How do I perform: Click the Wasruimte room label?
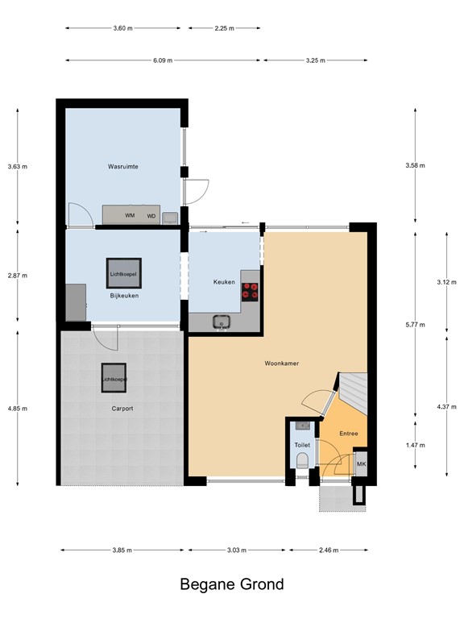click(x=123, y=167)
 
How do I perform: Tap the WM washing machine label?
click(x=130, y=215)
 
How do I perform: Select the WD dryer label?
click(x=151, y=216)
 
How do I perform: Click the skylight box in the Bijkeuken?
click(x=124, y=273)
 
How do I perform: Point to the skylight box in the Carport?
click(x=114, y=378)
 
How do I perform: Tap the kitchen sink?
click(x=222, y=322)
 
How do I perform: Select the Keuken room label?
click(x=224, y=282)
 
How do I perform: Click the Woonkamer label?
click(x=282, y=364)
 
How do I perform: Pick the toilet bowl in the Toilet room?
click(x=303, y=460)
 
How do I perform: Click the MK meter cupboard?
click(x=362, y=464)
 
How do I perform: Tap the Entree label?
click(x=349, y=434)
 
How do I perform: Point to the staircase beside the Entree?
click(x=354, y=392)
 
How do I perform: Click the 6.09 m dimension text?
click(x=163, y=60)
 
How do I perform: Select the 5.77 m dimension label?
click(x=416, y=325)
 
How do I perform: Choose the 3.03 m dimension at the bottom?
click(x=237, y=550)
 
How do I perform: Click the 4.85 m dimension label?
click(x=18, y=409)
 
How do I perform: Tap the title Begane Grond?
click(x=232, y=584)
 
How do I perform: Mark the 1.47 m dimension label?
click(x=416, y=445)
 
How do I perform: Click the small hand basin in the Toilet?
click(x=303, y=426)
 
